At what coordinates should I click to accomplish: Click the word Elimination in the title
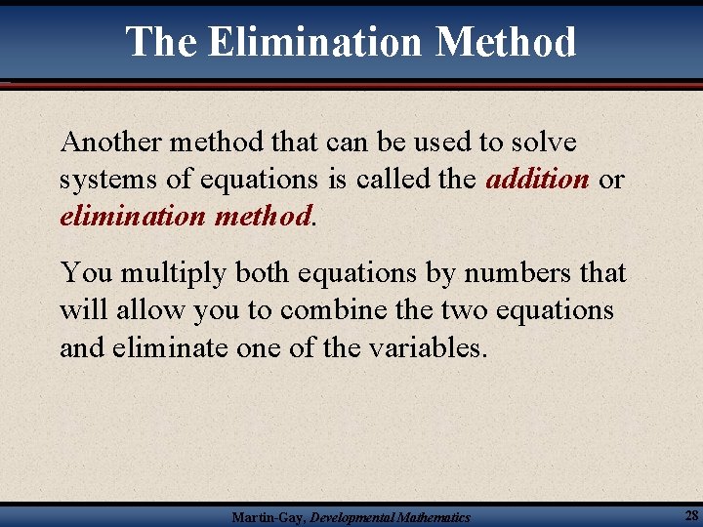point(314,42)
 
